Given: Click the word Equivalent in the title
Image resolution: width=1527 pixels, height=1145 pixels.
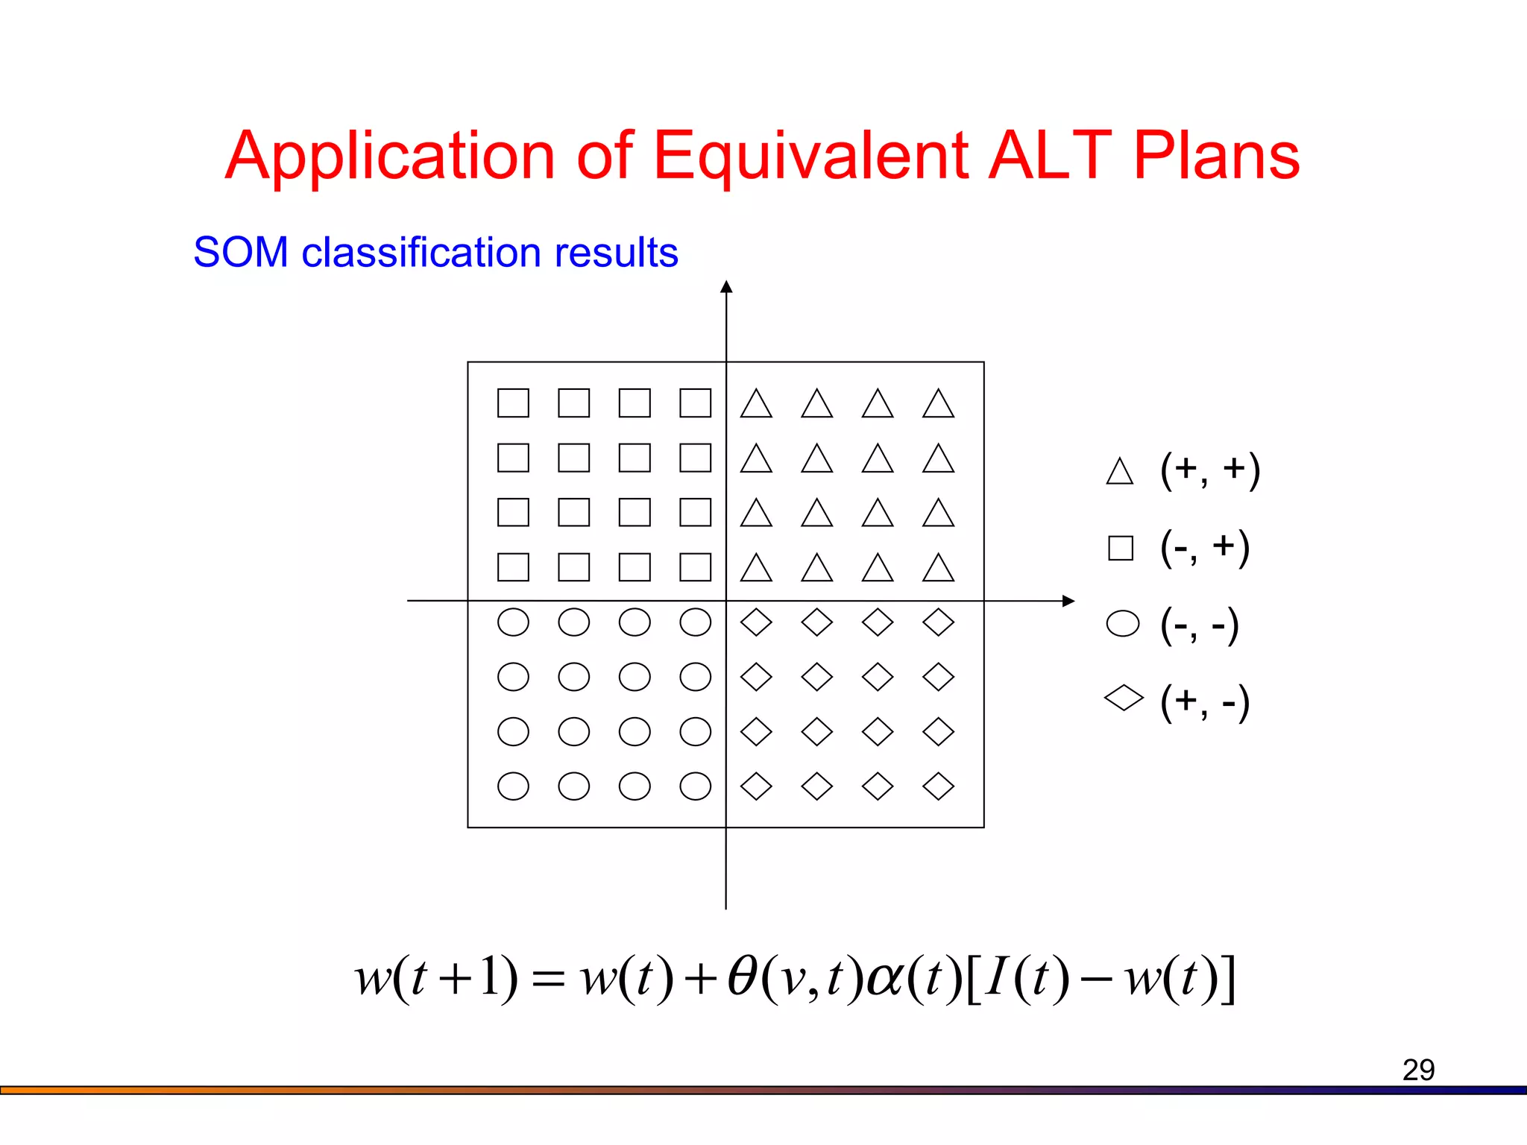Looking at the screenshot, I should (x=810, y=156).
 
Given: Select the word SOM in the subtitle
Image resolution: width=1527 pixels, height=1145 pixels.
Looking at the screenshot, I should (x=241, y=252).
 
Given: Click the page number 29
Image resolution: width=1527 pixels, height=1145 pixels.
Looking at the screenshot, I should (x=1418, y=1070).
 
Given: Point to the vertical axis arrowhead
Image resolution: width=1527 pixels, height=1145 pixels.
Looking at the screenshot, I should (x=726, y=287).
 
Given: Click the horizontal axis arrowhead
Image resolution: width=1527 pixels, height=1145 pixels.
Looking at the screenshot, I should (x=1068, y=601).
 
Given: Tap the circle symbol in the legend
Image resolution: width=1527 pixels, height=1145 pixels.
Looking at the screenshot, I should (x=1123, y=624).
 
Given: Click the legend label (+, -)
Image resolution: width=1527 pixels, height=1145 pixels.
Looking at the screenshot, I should (x=1205, y=701).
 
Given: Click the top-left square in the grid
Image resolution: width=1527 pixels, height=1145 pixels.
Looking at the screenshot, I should (x=513, y=403).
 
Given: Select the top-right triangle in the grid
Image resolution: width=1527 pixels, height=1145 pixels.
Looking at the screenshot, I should (x=938, y=404).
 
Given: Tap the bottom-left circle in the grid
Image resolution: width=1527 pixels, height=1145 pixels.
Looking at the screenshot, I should (x=513, y=786).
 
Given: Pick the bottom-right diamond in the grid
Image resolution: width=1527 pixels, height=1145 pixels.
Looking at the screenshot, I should (x=938, y=786).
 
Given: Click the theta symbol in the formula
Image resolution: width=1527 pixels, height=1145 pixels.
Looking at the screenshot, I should (x=743, y=977).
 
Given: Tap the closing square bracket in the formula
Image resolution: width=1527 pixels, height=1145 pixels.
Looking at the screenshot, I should (x=1228, y=979).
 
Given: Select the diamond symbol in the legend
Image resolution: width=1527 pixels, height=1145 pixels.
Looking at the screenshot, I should (x=1124, y=698).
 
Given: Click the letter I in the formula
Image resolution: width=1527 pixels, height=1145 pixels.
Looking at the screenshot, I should (x=997, y=977).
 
